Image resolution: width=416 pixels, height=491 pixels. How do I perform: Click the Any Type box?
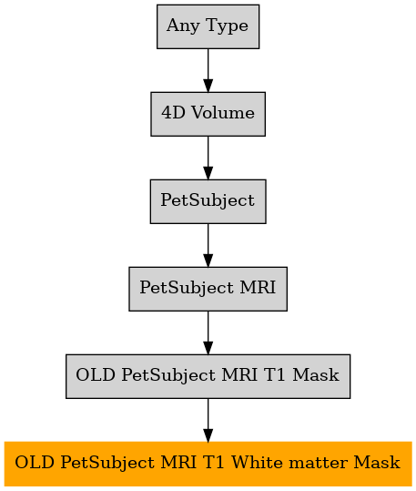tap(208, 26)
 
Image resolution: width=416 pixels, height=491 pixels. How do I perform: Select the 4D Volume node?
tap(208, 114)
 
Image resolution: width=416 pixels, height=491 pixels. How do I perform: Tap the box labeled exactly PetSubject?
tap(208, 201)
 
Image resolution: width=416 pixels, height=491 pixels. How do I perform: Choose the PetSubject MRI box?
tap(208, 289)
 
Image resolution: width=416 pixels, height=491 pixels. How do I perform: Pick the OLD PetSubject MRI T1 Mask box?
tap(208, 376)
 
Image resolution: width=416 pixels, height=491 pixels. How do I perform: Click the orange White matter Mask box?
tap(208, 464)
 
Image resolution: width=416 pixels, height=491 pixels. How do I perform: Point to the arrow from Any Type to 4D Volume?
tap(208, 70)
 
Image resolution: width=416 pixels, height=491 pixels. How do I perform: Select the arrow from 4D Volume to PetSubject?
tap(208, 158)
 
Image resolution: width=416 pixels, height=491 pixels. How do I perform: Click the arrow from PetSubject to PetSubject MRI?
tap(208, 245)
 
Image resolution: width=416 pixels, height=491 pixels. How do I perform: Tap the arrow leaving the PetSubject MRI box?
tap(208, 332)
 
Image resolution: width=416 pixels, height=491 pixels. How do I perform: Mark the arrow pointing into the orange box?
tap(208, 420)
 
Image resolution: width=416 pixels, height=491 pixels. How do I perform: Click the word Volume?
tap(223, 112)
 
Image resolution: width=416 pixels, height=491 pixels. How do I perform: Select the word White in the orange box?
tap(258, 462)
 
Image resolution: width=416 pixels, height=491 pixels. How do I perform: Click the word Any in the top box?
tap(183, 26)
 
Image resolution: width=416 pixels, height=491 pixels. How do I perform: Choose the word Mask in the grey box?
tap(316, 374)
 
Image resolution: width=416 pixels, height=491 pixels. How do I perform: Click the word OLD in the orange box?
tap(35, 462)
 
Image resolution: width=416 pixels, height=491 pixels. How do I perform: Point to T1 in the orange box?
tap(214, 462)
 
